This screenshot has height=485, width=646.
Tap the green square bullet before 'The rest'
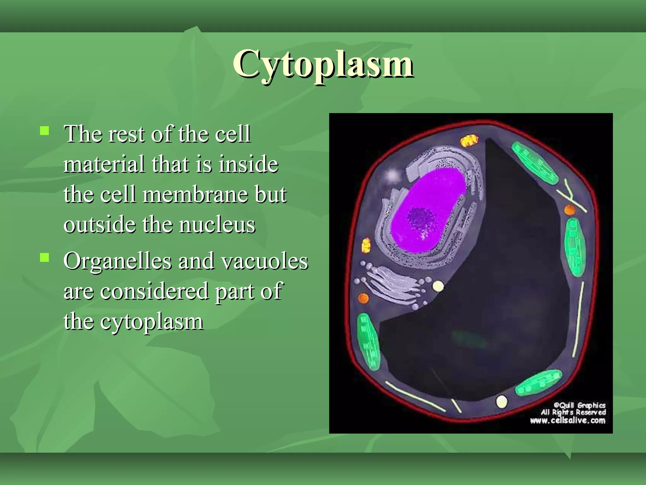[x=44, y=131]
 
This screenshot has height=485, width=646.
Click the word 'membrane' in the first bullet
[x=195, y=195]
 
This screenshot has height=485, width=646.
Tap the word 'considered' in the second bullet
[x=155, y=291]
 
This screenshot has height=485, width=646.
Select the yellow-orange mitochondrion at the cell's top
[x=469, y=141]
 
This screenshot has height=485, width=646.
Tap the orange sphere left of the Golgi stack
[x=363, y=298]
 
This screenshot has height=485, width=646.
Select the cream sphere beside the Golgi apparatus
[x=438, y=286]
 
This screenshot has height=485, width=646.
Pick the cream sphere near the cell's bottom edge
[x=502, y=402]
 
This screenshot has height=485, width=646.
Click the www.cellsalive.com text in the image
[x=567, y=421]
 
